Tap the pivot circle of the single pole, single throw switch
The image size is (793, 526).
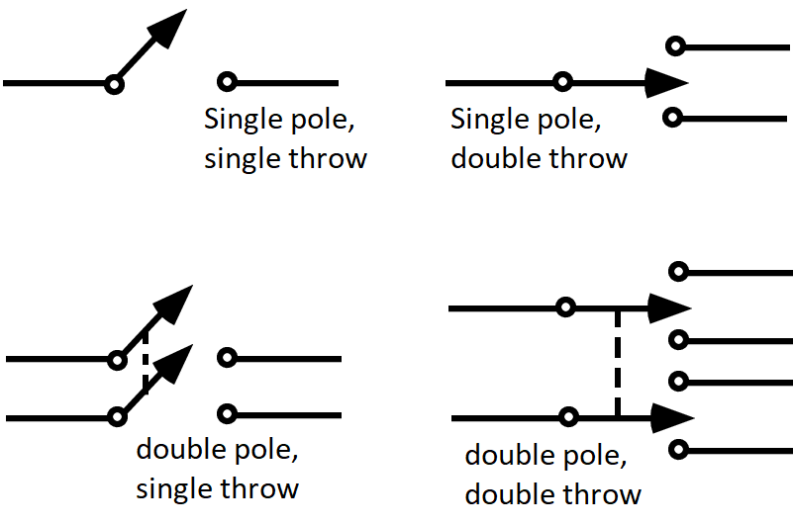coord(114,85)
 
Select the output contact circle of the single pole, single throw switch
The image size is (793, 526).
coord(228,83)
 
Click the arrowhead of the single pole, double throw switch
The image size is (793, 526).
coord(666,83)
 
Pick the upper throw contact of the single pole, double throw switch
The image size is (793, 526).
coord(675,45)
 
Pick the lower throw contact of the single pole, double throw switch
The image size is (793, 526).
coord(673,119)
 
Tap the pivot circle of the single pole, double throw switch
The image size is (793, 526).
coord(562,83)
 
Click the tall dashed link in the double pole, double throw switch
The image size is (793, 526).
coord(618,363)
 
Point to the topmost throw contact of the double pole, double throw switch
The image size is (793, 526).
coord(678,271)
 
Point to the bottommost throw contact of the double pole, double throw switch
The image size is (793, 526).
coord(678,451)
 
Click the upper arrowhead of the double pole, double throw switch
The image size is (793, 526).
coord(668,307)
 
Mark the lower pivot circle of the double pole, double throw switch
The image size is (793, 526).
coord(568,418)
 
